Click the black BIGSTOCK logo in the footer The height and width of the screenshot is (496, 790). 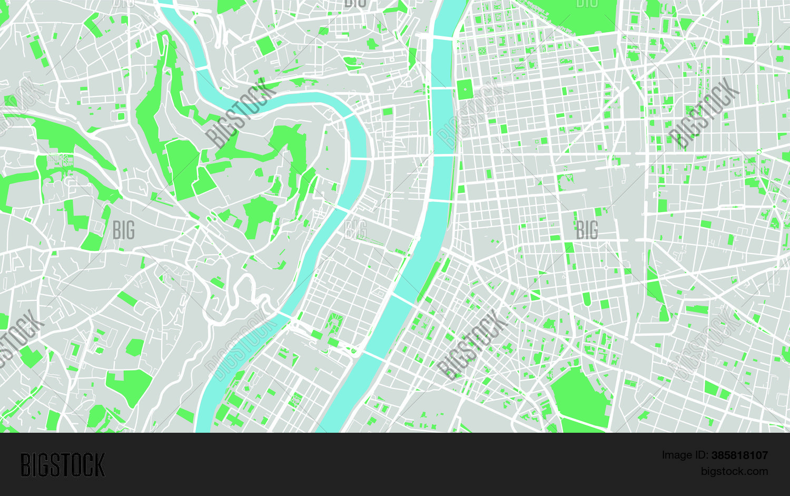[x=63, y=465]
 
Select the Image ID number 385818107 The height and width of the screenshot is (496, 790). [x=739, y=455]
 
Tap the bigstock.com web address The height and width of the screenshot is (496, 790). [x=734, y=471]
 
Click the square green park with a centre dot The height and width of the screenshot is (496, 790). [x=465, y=89]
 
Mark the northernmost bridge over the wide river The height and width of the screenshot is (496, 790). [x=442, y=37]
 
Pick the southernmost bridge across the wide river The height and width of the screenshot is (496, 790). [x=373, y=356]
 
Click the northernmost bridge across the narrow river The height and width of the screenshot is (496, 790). [x=202, y=68]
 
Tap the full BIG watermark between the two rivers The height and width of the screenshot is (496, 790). [x=355, y=230]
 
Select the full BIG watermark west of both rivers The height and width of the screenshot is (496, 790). [x=124, y=230]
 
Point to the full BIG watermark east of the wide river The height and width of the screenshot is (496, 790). [x=587, y=230]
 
